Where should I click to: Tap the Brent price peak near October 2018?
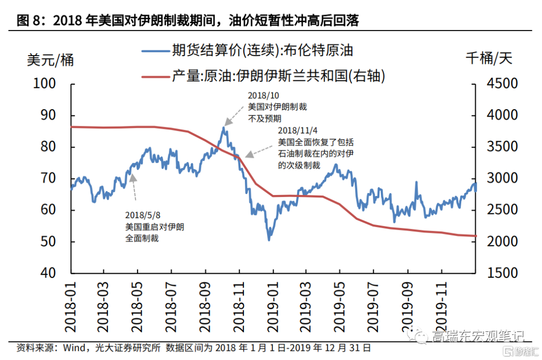click(x=223, y=128)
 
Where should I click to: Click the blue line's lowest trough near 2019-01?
click(x=269, y=240)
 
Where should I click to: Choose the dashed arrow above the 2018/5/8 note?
click(x=133, y=188)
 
